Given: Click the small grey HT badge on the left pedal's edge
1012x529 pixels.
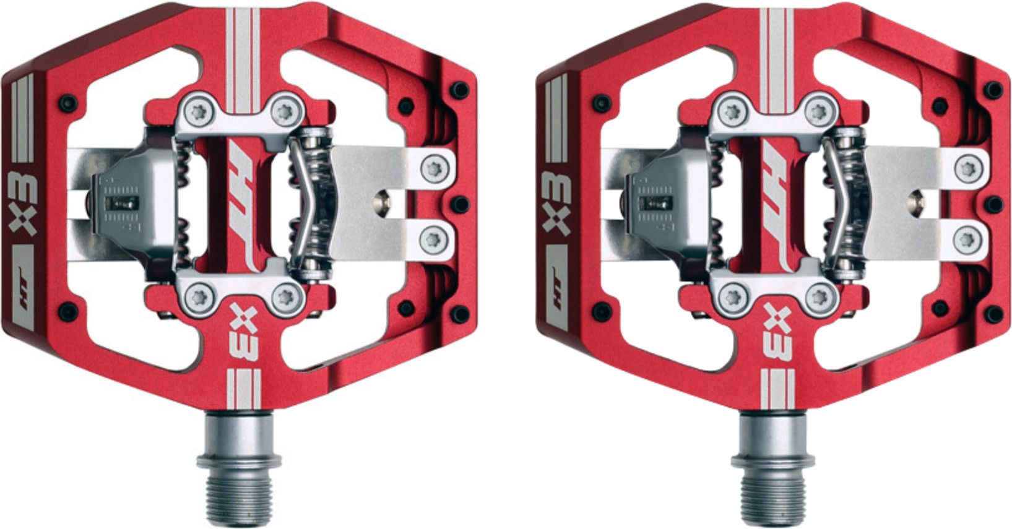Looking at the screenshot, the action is [24, 289].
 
